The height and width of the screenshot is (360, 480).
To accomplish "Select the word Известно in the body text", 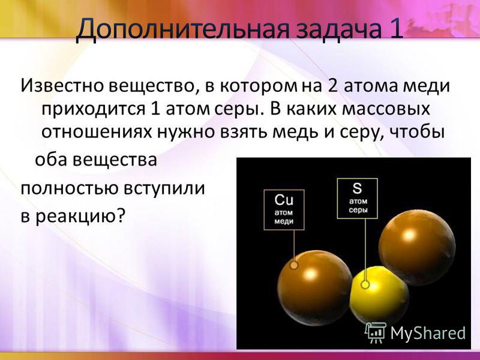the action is [x=62, y=86].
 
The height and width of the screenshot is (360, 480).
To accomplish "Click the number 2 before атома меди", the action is [x=333, y=86].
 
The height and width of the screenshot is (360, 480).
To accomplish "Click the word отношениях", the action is [x=97, y=132].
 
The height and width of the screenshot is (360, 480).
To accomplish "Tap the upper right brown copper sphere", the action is [x=417, y=247].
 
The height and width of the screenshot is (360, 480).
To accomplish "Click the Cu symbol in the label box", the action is [x=284, y=200].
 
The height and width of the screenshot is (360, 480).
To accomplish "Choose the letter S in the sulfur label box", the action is [x=357, y=188].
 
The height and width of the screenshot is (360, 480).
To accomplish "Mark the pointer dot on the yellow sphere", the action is [x=365, y=284].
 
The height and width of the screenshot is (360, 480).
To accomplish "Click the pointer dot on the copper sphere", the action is [x=294, y=265].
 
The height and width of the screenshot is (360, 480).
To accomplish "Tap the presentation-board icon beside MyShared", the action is [x=376, y=333].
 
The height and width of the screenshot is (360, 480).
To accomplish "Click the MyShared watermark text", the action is [x=428, y=333].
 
